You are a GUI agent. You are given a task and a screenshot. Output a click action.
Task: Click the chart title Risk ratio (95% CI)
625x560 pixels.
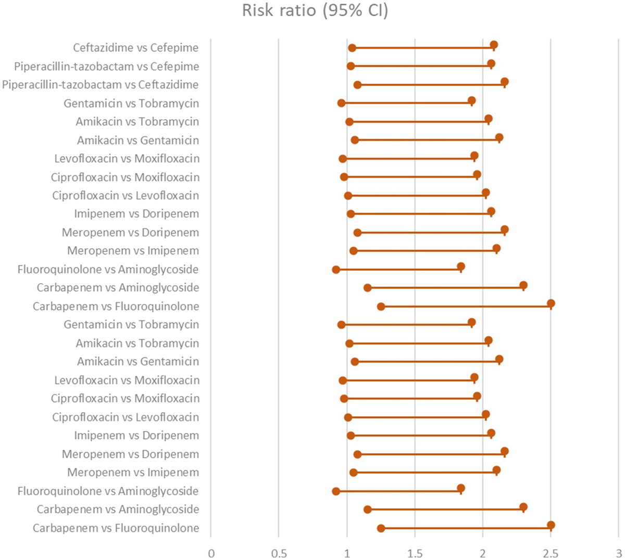[315, 10]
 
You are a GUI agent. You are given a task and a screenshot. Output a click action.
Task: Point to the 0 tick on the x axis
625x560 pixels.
[211, 553]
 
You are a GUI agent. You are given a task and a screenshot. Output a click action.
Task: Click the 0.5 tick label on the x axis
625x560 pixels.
[279, 553]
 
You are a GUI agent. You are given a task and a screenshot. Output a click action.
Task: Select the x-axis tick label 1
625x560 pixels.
[347, 553]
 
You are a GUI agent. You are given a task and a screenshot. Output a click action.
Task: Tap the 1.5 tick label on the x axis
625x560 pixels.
[415, 553]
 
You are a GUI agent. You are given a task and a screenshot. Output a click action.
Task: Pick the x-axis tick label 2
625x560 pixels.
[483, 553]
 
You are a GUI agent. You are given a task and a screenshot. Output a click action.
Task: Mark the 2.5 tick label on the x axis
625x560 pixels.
[551, 553]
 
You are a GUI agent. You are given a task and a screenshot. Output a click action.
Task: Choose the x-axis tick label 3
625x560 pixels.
[618, 553]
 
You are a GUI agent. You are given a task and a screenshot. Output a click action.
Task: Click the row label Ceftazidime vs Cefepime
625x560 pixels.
[135, 48]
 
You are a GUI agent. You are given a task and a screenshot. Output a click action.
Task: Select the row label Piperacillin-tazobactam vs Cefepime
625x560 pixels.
[106, 67]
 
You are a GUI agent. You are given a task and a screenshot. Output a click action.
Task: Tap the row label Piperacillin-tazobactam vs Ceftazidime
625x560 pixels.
[100, 85]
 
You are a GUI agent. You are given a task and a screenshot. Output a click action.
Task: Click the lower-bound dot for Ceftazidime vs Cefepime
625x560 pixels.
[352, 48]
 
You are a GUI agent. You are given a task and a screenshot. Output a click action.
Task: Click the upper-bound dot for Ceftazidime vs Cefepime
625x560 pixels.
[494, 45]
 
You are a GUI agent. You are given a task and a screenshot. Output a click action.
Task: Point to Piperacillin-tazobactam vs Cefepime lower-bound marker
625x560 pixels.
[351, 66]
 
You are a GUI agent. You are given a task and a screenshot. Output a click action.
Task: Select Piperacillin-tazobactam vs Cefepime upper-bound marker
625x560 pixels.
[491, 63]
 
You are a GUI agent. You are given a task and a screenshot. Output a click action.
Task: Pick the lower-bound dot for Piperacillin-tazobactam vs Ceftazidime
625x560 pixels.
[357, 85]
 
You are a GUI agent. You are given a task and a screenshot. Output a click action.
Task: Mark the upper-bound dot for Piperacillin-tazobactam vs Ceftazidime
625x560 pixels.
[505, 82]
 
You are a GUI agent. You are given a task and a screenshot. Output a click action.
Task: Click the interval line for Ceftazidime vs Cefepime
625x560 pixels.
[422, 48]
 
